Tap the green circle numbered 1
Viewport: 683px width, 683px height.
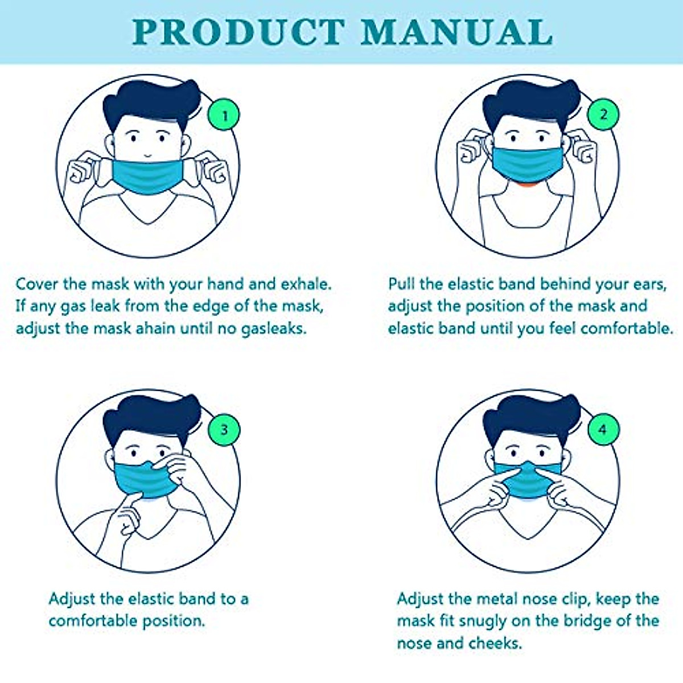tap(224, 116)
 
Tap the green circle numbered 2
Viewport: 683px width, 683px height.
tap(604, 114)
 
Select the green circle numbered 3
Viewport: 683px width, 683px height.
tap(224, 429)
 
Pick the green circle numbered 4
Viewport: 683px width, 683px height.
tap(603, 429)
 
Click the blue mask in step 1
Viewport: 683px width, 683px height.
tap(147, 176)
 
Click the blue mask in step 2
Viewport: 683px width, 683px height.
tap(526, 166)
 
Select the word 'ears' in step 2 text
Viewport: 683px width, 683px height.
tap(648, 284)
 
